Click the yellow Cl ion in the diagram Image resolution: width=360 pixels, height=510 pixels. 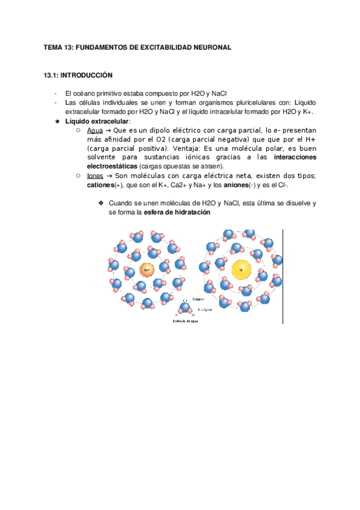point(241,269)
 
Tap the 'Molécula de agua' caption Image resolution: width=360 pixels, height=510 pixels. point(185,321)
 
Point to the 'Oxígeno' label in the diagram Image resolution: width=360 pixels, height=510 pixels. point(199,299)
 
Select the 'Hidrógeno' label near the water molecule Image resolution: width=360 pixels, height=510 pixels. point(206,308)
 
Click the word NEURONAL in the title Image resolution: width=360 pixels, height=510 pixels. point(206,46)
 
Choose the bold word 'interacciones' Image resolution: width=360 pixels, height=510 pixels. point(295,157)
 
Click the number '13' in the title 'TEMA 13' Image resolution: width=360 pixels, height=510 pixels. point(67,46)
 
